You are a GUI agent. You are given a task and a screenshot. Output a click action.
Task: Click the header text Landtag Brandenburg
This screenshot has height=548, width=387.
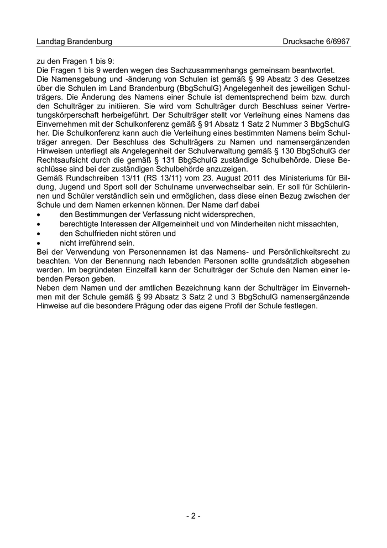point(74,42)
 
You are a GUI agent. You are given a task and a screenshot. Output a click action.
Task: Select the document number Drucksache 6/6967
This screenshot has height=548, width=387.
point(316,42)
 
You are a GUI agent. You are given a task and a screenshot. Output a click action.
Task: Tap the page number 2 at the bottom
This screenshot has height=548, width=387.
point(193,516)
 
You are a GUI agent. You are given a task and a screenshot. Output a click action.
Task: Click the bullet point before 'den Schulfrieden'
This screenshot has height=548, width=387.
point(38,234)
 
